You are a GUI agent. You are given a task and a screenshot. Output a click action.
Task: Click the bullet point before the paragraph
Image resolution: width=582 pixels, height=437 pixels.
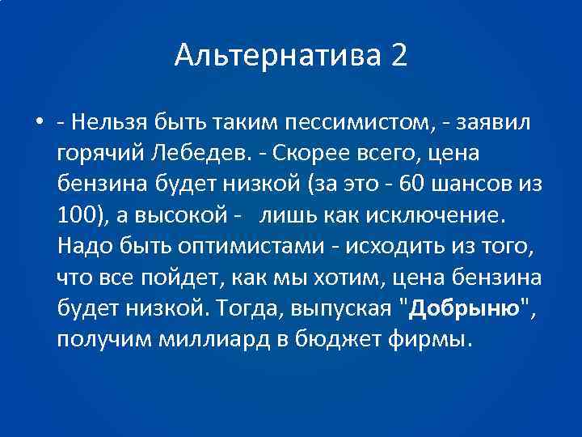tap(39, 123)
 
